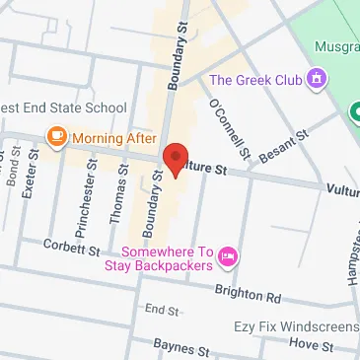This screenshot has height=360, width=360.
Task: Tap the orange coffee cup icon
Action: pos(56,135)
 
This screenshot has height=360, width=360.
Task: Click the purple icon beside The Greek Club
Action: pos(317,78)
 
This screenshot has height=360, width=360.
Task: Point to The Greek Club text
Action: pos(256,79)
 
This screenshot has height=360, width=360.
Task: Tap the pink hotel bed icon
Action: pos(228,258)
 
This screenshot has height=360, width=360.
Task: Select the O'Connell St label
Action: pos(230,131)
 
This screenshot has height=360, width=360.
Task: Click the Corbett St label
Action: pos(72,250)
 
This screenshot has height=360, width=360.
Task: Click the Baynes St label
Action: pos(182,348)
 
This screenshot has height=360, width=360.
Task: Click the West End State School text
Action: pos(63,108)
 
